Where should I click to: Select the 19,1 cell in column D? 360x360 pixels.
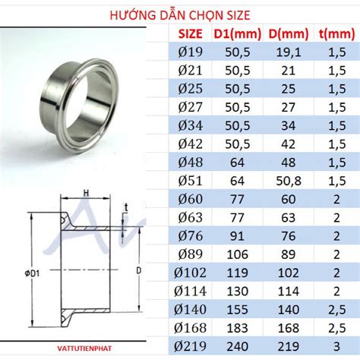pyautogui.click(x=286, y=52)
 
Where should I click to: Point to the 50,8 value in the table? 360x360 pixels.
pyautogui.click(x=286, y=180)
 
